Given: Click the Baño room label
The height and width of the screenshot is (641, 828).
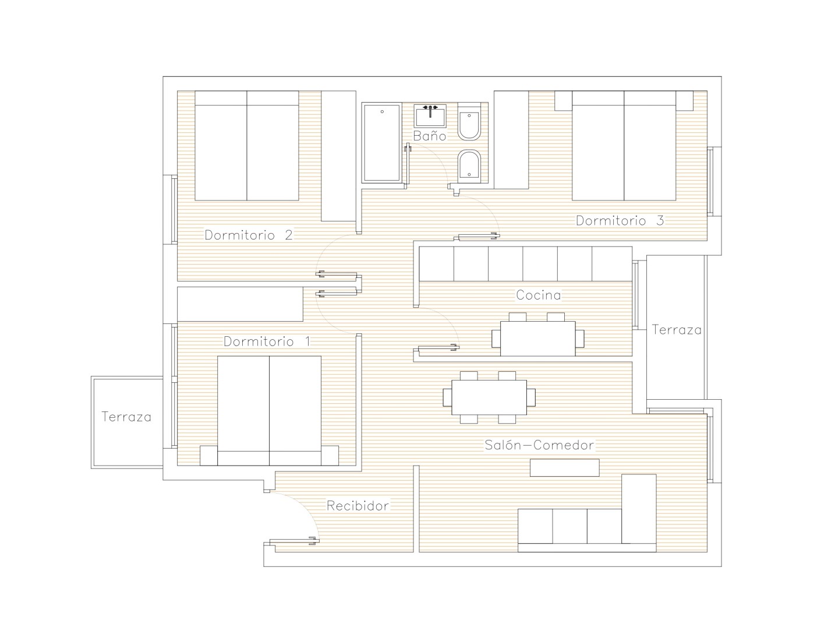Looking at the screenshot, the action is point(430,136).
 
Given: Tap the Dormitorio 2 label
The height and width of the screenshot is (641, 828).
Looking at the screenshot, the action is point(249,235).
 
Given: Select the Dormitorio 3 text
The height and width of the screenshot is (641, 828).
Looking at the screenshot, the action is point(620,220).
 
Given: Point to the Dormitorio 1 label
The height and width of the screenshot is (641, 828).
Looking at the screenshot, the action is point(267,341).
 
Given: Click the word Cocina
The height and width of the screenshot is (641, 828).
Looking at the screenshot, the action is point(539,295).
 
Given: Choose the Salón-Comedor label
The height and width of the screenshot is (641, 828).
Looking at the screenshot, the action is point(539,445).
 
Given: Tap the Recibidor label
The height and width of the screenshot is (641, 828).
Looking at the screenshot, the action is point(358,506).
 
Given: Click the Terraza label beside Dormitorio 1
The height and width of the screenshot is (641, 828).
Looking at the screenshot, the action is point(126,417).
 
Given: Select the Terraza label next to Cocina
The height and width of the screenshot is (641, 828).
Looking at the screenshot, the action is point(677,329).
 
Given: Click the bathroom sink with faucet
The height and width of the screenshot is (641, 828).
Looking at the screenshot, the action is point(430,115).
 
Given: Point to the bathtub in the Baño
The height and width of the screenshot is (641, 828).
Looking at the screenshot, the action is point(382,143).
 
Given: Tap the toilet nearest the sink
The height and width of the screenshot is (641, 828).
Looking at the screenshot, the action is point(469,121).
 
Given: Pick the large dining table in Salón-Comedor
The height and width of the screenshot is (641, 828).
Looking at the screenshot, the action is point(489,397).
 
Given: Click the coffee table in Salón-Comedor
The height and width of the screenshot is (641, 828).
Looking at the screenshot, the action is point(564,467).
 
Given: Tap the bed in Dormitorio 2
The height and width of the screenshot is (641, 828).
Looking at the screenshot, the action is point(247,146).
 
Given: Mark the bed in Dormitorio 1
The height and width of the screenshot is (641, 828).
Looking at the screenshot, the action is point(270,411).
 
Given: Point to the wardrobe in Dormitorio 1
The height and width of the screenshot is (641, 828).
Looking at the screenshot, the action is point(240,304).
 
